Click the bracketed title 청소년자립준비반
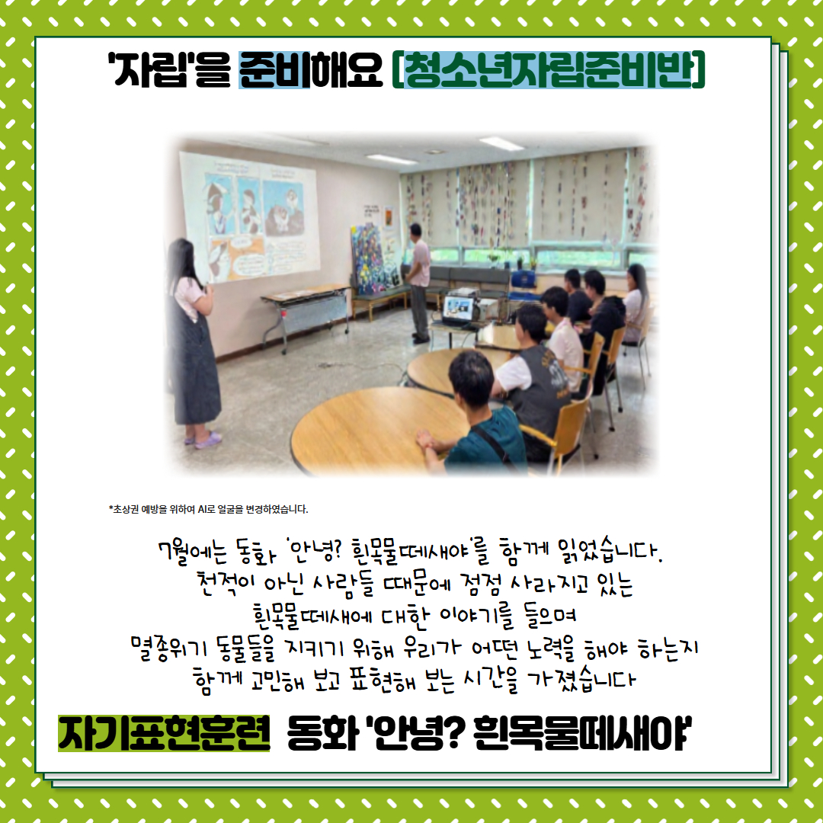tap(549, 70)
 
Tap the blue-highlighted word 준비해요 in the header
tap(311, 70)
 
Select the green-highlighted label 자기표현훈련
tap(164, 733)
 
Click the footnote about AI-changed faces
tap(208, 509)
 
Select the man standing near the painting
tap(418, 283)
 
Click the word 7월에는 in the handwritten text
tap(193, 552)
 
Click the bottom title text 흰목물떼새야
tap(583, 733)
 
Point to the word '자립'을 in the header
tap(169, 70)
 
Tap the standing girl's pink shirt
tap(190, 298)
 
